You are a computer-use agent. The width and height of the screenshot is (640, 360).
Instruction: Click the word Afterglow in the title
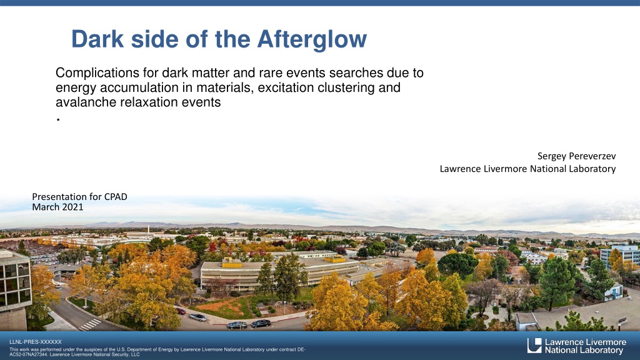[312, 39]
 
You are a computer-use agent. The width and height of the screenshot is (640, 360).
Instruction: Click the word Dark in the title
[97, 39]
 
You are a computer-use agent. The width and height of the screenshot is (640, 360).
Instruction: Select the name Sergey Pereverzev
[576, 156]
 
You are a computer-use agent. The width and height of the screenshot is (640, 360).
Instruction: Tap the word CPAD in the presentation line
[116, 197]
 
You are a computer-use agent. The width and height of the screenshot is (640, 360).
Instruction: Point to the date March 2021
[57, 207]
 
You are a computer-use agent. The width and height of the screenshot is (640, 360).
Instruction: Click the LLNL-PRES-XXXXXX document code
[36, 342]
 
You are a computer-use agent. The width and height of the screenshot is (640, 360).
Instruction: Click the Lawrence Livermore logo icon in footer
[534, 345]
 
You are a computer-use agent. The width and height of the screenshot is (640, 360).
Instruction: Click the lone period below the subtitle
[59, 119]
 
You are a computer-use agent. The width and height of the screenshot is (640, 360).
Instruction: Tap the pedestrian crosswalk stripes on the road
[90, 324]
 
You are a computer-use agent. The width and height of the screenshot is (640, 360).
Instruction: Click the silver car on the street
[197, 317]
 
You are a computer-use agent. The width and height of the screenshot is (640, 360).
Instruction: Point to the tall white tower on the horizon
[149, 229]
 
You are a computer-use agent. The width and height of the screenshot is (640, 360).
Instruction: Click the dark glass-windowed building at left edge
[15, 282]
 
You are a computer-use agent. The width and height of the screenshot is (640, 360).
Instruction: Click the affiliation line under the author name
[527, 169]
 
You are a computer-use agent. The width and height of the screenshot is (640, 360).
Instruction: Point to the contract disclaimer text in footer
[157, 352]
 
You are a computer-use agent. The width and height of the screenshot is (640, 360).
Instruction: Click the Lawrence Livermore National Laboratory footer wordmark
[585, 346]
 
